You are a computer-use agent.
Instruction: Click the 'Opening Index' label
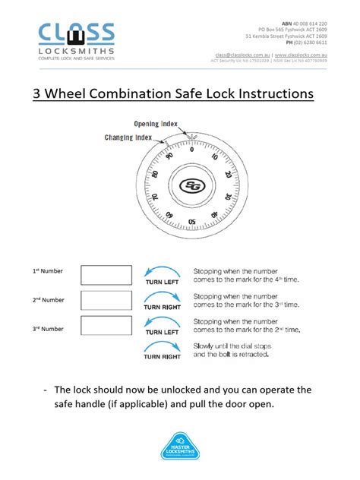pos(157,124)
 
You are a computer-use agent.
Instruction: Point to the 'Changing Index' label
pos(128,137)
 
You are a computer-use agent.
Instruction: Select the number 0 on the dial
pos(192,149)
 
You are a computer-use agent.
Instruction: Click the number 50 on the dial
pos(192,222)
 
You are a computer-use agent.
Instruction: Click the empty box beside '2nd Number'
pos(106,300)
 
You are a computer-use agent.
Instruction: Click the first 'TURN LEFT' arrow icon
pos(163,275)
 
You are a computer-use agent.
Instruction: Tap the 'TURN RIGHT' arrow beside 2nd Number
pos(163,301)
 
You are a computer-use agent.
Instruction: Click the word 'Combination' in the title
pos(155,94)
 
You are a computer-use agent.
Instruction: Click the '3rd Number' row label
pos(48,328)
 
